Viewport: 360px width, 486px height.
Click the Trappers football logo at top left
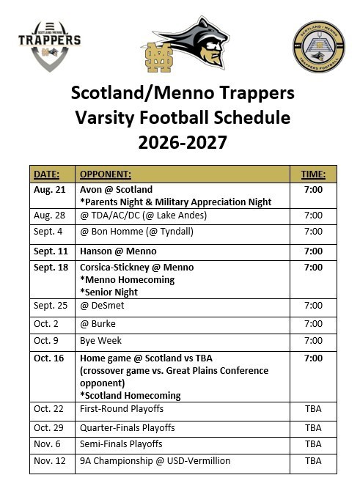pos(49,45)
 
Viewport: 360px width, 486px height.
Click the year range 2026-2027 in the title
pos(182,142)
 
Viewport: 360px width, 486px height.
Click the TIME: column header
pos(313,174)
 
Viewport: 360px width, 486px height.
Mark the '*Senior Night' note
pos(109,292)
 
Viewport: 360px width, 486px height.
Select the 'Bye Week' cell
pos(100,341)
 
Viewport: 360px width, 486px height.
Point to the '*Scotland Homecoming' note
pos(131,396)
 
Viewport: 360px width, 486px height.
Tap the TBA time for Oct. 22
pos(313,408)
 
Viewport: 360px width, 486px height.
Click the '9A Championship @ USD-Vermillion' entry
pos(155,461)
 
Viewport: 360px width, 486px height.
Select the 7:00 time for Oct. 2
pos(313,323)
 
